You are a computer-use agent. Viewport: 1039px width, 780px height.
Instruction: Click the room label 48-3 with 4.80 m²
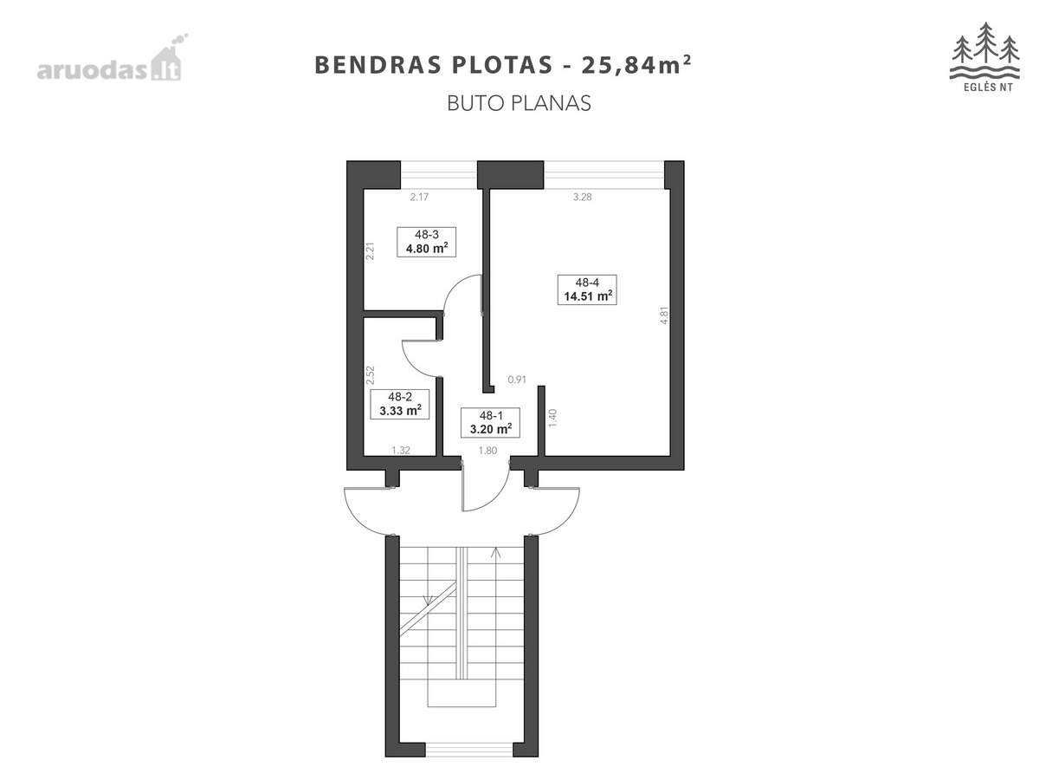coord(426,242)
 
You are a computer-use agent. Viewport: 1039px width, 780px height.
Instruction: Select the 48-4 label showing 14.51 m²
coord(587,289)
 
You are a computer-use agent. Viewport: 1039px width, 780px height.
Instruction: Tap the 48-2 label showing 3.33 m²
coord(399,404)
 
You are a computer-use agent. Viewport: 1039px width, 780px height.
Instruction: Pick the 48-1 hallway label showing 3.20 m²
coord(490,422)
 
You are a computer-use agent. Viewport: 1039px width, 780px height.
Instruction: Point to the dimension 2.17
coord(419,197)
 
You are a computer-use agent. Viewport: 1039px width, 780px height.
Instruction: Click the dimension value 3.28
coord(582,197)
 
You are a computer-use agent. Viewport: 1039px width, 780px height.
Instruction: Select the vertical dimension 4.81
coord(664,315)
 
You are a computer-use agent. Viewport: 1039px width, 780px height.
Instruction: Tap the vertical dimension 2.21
coord(371,251)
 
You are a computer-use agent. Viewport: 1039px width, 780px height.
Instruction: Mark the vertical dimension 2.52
coord(371,375)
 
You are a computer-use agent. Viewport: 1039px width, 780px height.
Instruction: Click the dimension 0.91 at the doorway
coord(517,380)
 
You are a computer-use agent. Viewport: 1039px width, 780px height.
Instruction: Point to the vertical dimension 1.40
coord(552,418)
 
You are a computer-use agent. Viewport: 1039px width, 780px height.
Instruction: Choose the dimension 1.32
coord(401,450)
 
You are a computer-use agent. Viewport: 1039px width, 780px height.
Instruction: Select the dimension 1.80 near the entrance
coord(487,451)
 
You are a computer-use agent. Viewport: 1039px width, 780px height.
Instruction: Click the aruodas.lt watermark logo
coord(112,58)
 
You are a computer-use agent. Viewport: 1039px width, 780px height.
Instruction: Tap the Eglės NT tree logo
coord(985,57)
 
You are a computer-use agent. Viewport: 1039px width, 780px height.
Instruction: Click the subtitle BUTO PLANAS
coord(519,104)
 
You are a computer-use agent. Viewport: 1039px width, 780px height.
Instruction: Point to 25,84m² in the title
coord(636,64)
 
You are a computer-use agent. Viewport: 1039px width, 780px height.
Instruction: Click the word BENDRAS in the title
coord(378,65)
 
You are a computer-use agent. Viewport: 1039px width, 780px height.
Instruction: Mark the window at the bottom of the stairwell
coord(468,749)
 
